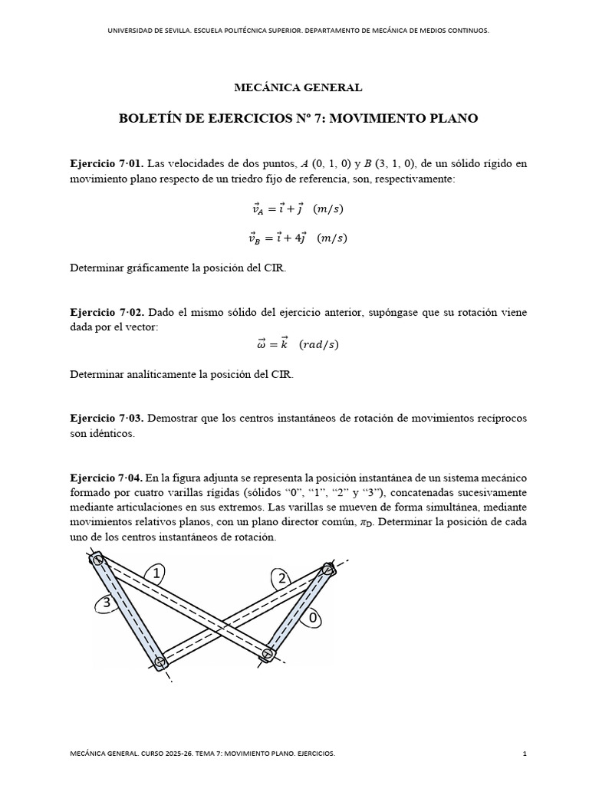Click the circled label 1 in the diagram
pos(156,573)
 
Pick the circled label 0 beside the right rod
pos(311,617)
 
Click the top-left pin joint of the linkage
pos(98,560)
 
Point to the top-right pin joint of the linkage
pos(328,569)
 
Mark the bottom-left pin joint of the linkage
pos(160,662)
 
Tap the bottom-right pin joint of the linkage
pos(268,654)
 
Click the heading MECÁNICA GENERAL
pos(298,88)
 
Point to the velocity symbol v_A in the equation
pos(255,209)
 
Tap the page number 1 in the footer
pos(525,754)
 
